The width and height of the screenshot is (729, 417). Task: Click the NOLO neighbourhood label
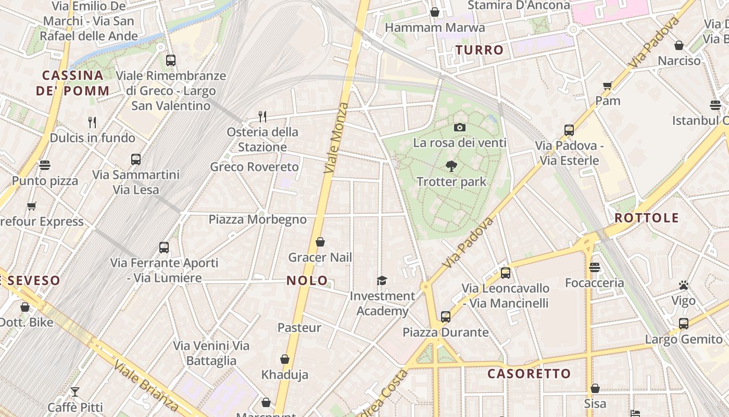[307, 280]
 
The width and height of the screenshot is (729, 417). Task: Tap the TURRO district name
[480, 50]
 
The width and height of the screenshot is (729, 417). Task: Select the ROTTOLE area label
[647, 218]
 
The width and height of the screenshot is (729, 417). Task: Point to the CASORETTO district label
[529, 374]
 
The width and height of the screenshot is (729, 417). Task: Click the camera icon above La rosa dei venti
[459, 127]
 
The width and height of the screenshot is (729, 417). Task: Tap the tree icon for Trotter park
[451, 166]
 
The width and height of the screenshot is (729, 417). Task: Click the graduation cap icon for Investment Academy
[382, 281]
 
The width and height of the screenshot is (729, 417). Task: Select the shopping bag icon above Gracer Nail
[320, 242]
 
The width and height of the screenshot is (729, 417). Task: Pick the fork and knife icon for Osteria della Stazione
[262, 116]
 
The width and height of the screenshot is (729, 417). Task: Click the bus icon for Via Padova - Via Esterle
[569, 130]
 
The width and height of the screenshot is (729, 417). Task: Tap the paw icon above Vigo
[684, 285]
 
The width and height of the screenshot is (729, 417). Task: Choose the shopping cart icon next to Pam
[607, 85]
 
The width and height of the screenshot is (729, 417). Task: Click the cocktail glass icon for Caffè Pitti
[75, 391]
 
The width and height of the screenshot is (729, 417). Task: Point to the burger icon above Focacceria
[595, 267]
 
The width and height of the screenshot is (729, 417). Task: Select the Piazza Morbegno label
[258, 219]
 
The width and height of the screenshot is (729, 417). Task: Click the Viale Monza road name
[336, 138]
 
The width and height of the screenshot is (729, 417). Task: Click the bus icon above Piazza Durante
[445, 316]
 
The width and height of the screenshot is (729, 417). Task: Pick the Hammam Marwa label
[435, 28]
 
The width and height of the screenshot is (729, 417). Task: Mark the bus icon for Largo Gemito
[684, 324]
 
